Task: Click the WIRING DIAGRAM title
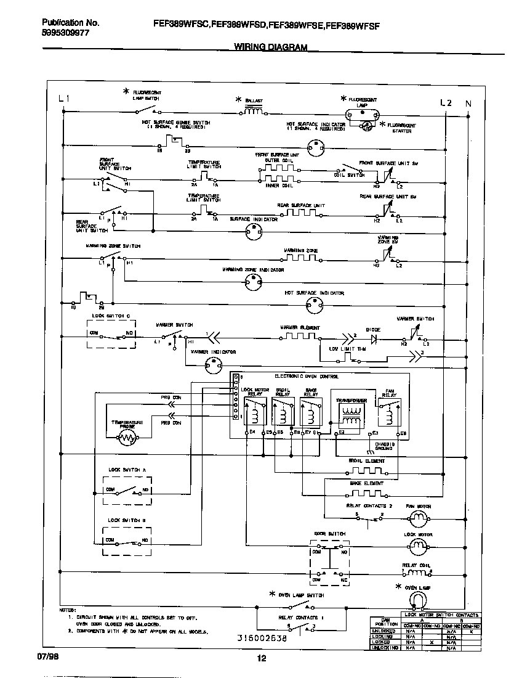[271, 47]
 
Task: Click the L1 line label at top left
[65, 99]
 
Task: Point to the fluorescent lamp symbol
[361, 113]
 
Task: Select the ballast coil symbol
[254, 111]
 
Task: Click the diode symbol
[373, 338]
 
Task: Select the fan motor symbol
[418, 518]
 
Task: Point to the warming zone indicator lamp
[252, 282]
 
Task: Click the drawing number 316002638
[262, 638]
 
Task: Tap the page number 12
[261, 658]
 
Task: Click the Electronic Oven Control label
[306, 376]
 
